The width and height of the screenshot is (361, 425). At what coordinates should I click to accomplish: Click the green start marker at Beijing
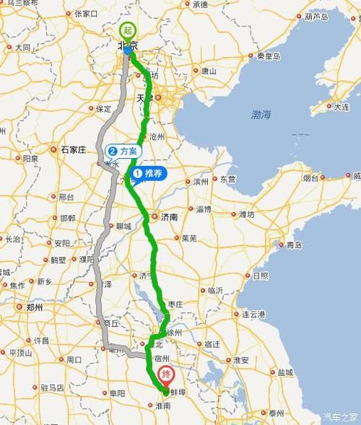coord(128,31)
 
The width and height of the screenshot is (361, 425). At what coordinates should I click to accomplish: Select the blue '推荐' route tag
coord(148,173)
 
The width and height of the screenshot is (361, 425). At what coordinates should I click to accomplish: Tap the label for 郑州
coord(34,307)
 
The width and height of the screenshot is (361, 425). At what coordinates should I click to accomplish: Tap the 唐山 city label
coord(209,71)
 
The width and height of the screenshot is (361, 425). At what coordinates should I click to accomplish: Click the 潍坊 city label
coord(245,214)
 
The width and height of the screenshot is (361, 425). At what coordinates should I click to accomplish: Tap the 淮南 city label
coord(162,406)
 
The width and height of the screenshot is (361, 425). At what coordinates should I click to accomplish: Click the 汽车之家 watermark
coord(340,417)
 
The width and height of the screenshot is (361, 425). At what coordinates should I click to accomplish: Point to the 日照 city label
coord(261,276)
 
